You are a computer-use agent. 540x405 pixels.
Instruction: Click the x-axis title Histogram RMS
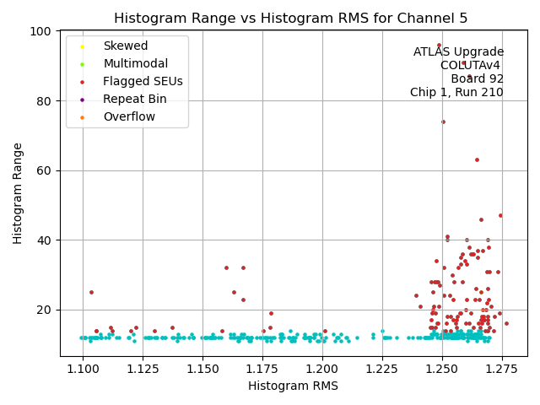click(x=293, y=386)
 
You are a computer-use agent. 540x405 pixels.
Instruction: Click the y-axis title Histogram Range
click(x=18, y=193)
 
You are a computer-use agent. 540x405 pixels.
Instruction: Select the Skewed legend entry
click(x=125, y=46)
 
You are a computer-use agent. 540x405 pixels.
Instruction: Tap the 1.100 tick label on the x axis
click(x=82, y=369)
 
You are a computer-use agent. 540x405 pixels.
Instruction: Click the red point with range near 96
click(x=439, y=46)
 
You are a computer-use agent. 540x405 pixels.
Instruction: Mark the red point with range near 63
click(x=477, y=159)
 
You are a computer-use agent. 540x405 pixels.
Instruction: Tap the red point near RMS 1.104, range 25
click(x=91, y=293)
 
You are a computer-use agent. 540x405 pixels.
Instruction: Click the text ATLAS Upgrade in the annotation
click(x=458, y=51)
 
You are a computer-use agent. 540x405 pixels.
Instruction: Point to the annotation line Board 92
click(x=477, y=78)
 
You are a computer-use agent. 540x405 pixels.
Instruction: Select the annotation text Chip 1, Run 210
click(x=456, y=92)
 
